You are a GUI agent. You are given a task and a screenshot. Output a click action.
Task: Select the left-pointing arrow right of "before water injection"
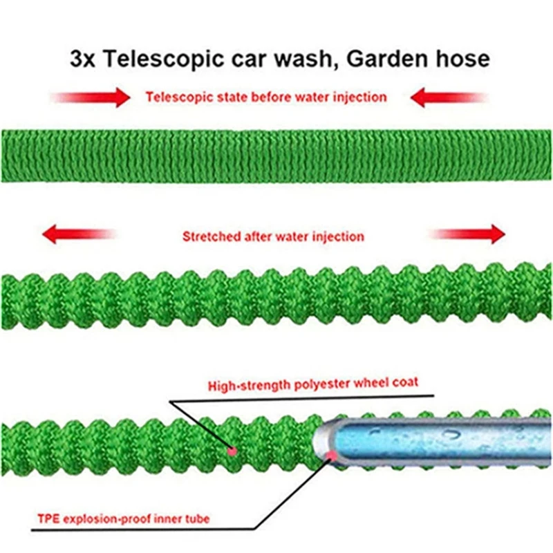448,97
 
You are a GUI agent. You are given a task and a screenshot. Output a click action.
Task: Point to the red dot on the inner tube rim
332,454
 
